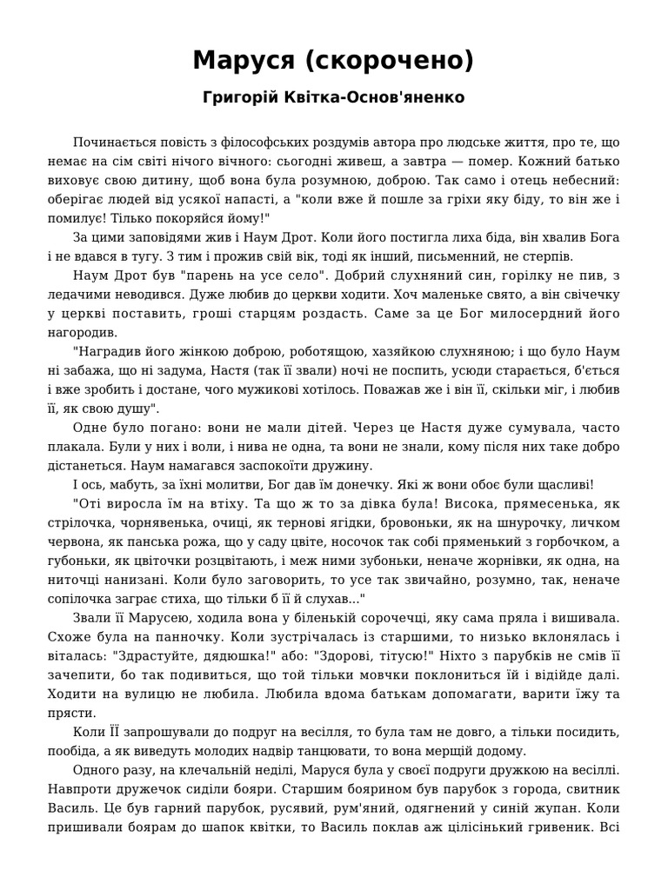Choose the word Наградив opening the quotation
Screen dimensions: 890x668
point(107,352)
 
